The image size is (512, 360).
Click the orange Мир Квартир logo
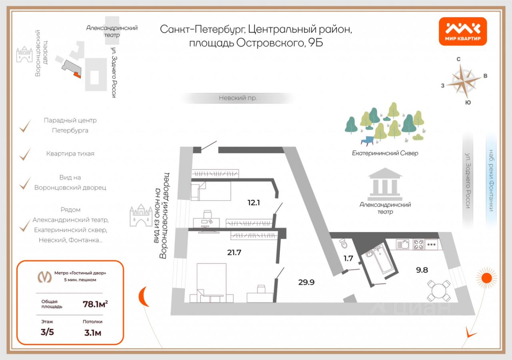point(463,31)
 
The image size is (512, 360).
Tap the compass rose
point(464,81)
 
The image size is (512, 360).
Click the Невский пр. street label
point(238,98)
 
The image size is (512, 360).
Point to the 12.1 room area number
point(254,203)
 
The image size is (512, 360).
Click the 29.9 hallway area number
point(306,282)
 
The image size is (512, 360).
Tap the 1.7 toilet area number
point(348,258)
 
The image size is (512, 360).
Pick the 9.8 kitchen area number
point(422,270)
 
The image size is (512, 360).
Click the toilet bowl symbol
point(343,244)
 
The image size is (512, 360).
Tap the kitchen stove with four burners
point(418,244)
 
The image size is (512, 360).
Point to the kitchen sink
point(402,244)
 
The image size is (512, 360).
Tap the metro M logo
point(44,276)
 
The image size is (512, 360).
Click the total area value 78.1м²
point(95,304)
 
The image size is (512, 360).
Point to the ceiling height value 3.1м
point(92,332)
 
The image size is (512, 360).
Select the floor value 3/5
point(47,332)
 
